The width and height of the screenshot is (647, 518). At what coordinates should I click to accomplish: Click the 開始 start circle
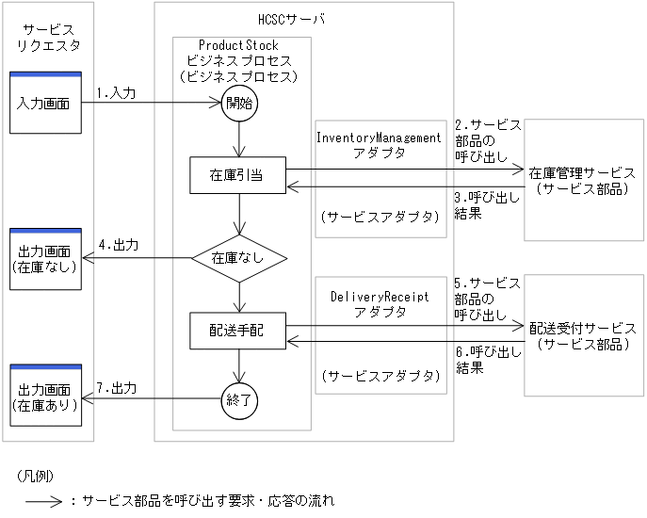[239, 104]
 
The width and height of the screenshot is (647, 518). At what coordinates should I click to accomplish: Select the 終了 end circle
[239, 400]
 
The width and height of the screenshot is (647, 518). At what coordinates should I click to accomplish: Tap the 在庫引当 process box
[239, 175]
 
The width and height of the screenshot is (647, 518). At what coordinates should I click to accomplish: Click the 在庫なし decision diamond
[239, 256]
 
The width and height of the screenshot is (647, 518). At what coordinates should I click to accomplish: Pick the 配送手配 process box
[239, 331]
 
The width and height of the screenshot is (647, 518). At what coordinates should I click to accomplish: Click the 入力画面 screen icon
[44, 102]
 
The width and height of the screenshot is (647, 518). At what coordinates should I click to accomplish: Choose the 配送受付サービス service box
[581, 335]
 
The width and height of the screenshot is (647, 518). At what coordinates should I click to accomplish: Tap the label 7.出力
[117, 388]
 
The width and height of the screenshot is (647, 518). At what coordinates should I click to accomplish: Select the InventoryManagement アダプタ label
[378, 144]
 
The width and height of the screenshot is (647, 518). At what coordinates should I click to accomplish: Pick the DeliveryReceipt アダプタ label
[379, 303]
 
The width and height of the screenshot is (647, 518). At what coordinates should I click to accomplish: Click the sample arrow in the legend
[42, 501]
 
